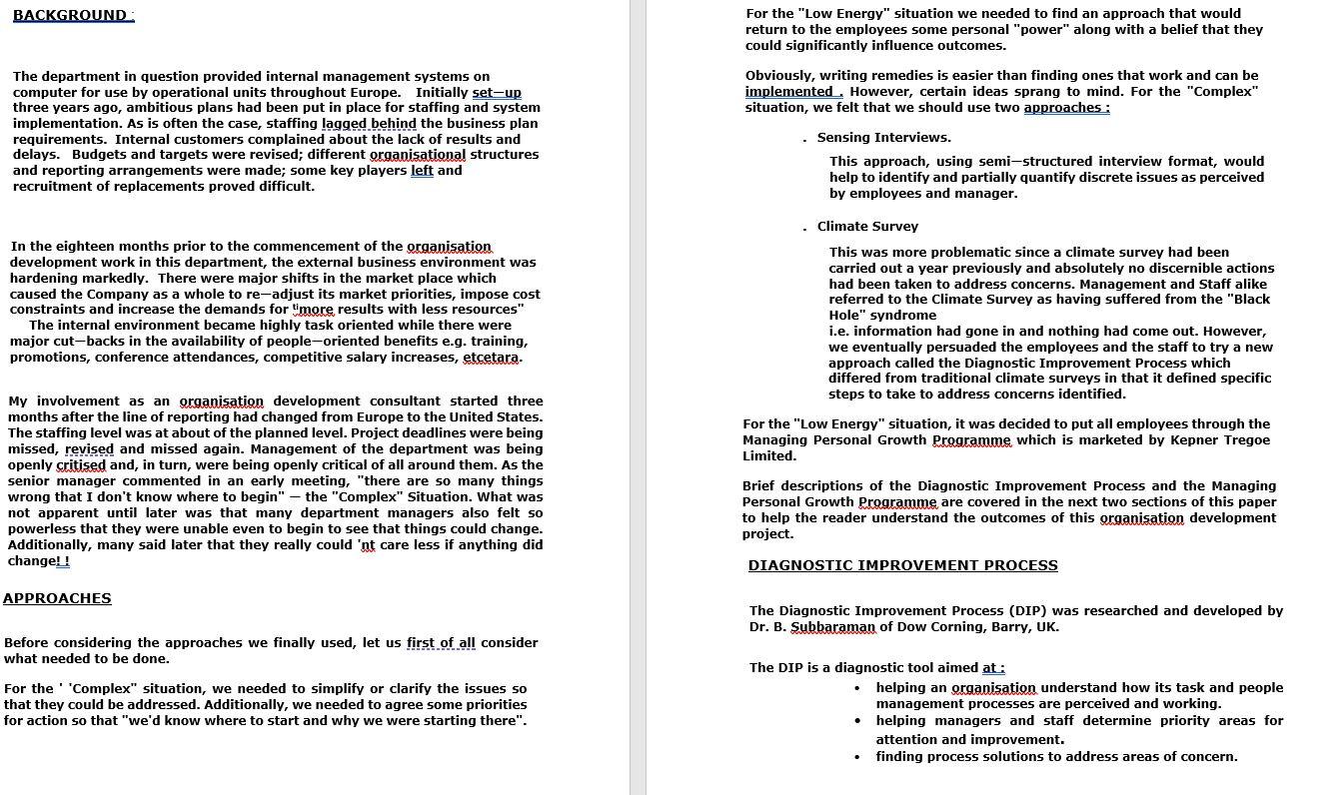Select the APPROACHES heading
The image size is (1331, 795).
[57, 598]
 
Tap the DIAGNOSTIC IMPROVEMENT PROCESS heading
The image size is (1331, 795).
[902, 565]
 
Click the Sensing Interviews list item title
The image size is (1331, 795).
[883, 138]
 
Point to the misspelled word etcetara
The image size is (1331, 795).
[491, 358]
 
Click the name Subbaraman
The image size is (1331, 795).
[832, 627]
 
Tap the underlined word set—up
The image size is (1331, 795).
[496, 93]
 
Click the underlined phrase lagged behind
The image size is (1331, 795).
[369, 124]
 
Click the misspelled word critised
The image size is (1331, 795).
[81, 465]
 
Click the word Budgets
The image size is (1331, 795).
[100, 155]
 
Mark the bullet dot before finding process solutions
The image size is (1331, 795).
[857, 757]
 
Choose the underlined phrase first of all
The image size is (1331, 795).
[441, 643]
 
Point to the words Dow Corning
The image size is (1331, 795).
[937, 627]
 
